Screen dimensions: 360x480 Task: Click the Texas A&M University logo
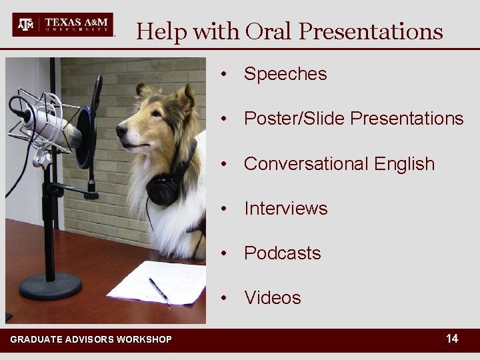point(63,25)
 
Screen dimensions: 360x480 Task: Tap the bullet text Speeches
point(285,74)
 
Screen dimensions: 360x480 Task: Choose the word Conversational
point(304,164)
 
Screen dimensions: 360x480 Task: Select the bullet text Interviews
point(286,209)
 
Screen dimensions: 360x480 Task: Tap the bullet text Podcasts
point(283,253)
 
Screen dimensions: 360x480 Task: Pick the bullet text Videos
point(273,298)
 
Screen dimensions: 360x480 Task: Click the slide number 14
point(452,339)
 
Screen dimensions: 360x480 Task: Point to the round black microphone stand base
point(51,285)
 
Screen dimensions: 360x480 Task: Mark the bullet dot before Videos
point(228,298)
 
